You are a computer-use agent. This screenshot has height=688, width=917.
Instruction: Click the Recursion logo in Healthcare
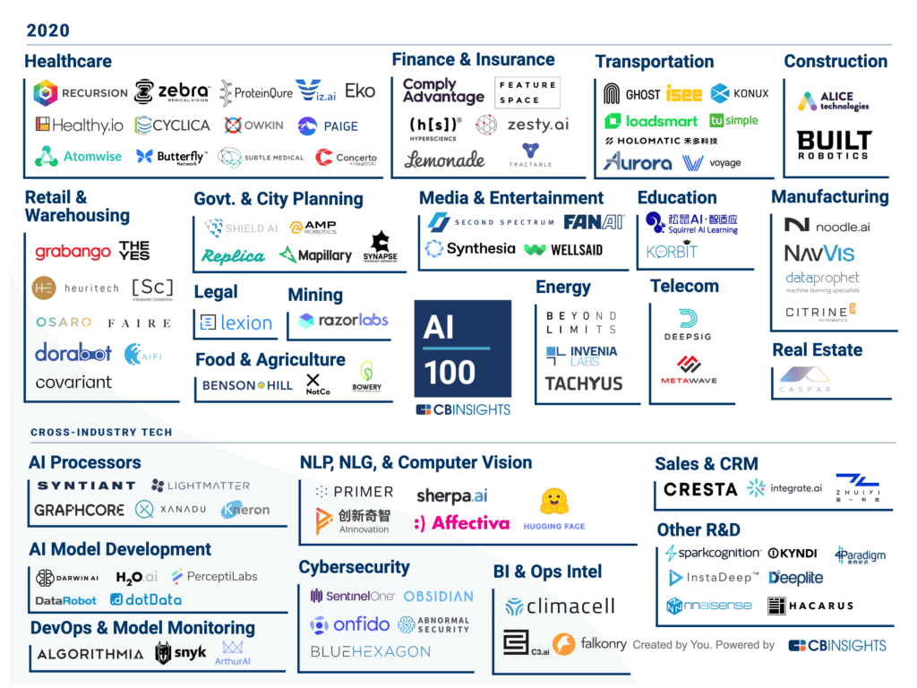(x=81, y=92)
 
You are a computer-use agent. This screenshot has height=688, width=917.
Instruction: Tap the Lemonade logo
(x=444, y=159)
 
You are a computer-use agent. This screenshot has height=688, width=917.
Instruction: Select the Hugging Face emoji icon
(x=554, y=503)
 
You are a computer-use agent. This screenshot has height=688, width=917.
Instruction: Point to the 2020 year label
(x=48, y=30)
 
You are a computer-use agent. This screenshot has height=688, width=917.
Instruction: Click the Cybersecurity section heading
(x=354, y=567)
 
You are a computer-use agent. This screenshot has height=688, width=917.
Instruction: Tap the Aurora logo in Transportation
(x=638, y=162)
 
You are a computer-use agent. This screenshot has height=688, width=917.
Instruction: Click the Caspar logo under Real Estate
(x=804, y=381)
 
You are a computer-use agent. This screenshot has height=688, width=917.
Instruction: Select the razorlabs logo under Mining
(x=344, y=320)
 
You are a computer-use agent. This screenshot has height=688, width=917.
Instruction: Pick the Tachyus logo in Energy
(x=583, y=383)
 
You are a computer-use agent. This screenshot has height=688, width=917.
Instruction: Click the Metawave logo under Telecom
(x=689, y=368)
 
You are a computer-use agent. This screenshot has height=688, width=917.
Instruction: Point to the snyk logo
(x=180, y=653)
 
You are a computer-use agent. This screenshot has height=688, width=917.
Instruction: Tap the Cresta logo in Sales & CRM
(x=700, y=489)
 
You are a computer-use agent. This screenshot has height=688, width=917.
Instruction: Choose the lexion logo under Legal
(x=236, y=322)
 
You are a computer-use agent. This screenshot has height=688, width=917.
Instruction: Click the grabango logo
(x=73, y=253)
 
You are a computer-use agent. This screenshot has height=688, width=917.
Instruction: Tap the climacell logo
(x=559, y=606)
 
